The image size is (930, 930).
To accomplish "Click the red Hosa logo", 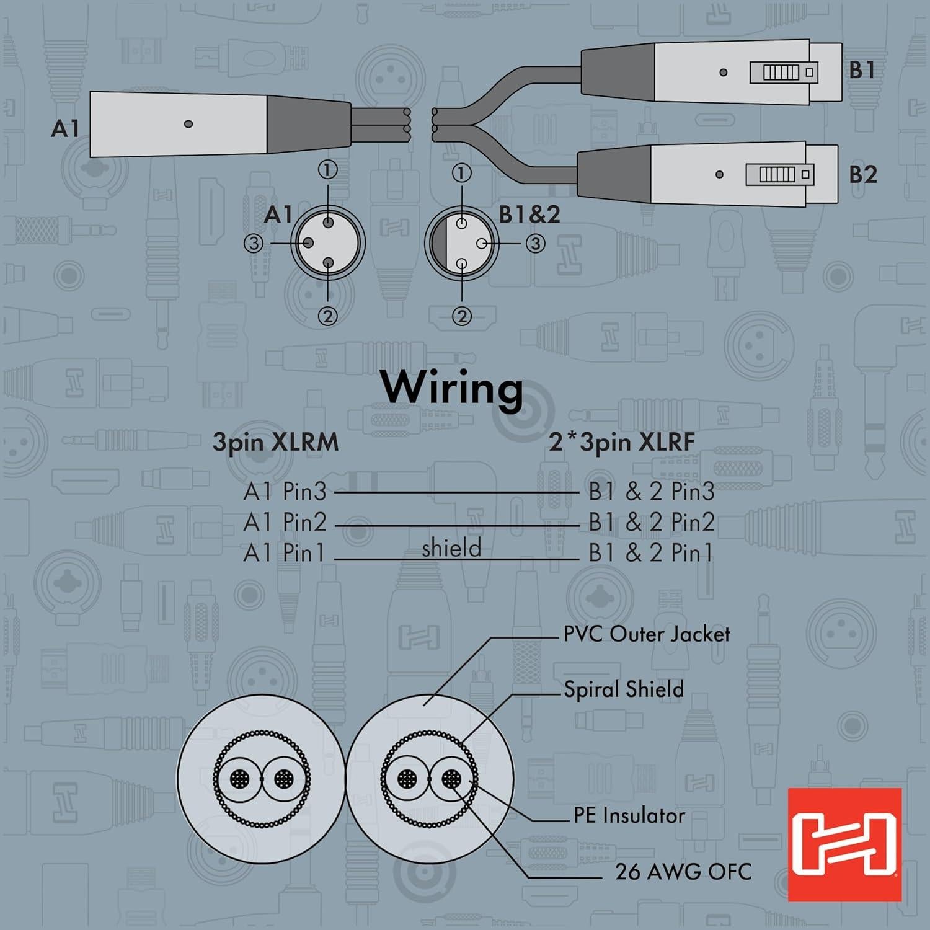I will [844, 844].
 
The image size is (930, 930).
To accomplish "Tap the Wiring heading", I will [452, 388].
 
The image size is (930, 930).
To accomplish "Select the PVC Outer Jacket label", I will [646, 634].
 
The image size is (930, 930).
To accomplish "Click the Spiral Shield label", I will [623, 689].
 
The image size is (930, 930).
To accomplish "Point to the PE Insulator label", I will [629, 815].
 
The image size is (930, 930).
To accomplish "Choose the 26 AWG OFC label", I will [683, 872].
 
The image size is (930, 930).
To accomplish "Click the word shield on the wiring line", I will [451, 548].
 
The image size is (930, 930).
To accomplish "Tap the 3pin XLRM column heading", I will [275, 443].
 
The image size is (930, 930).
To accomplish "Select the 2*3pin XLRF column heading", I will [621, 443].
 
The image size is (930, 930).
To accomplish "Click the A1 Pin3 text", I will [285, 492].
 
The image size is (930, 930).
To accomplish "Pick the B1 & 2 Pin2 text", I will [651, 522].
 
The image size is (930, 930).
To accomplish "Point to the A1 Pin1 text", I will [284, 552].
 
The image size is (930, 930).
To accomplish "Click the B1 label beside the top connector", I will [862, 70].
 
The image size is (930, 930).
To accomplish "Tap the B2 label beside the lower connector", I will [862, 175].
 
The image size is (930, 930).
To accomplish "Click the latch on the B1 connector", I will [784, 73].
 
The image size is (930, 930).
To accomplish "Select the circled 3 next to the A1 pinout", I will [253, 243].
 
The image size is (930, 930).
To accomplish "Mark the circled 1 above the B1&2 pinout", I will [461, 173].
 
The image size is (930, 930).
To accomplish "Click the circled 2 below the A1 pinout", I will [328, 316].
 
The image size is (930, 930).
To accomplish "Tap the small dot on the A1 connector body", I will [188, 124].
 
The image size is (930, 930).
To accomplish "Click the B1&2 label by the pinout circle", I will [529, 215].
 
